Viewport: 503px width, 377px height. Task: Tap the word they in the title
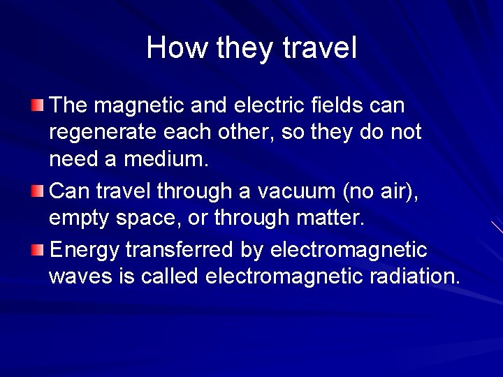point(245,47)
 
